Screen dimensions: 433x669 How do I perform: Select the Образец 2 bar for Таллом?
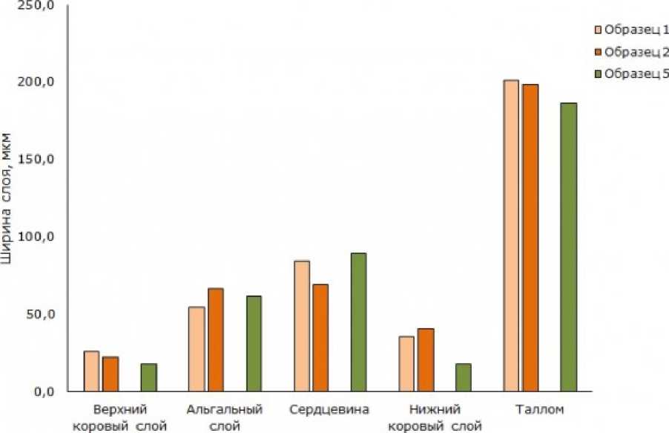tap(530, 238)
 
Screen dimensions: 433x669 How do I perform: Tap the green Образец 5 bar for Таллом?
tap(568, 247)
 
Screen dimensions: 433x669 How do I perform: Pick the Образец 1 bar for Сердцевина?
tap(301, 326)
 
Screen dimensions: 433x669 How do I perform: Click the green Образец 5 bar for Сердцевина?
tap(358, 322)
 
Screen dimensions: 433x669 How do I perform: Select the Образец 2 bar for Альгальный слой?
tap(215, 339)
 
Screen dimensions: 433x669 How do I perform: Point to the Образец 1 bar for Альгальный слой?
tap(197, 349)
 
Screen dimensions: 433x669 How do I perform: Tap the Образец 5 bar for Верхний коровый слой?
tap(148, 377)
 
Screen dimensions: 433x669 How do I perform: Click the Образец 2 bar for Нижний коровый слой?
tap(425, 359)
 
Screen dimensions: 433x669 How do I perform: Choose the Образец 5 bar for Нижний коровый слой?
tap(463, 377)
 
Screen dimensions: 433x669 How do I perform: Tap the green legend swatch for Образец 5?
tap(598, 74)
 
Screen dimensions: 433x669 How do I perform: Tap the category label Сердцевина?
tap(329, 410)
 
